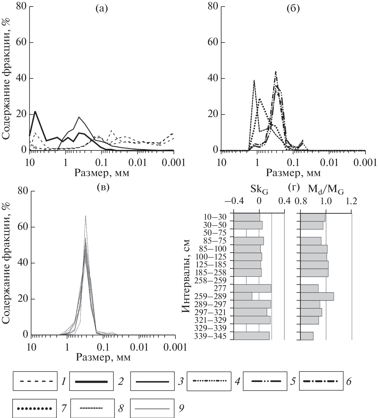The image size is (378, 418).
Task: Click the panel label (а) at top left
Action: tap(102, 9)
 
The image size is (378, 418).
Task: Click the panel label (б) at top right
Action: tap(293, 9)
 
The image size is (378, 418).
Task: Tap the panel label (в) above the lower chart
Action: tap(103, 187)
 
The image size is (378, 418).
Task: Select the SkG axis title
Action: tap(259, 190)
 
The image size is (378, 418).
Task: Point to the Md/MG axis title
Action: tap(326, 190)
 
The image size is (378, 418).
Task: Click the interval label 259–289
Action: tap(214, 296)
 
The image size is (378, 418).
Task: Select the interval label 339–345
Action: tap(214, 336)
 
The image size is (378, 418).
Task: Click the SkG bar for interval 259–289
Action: tap(243, 296)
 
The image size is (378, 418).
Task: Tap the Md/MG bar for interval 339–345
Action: tap(307, 336)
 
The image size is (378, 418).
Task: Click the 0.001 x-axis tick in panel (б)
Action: tap(365, 163)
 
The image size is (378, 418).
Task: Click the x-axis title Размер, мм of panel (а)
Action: tap(102, 173)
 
